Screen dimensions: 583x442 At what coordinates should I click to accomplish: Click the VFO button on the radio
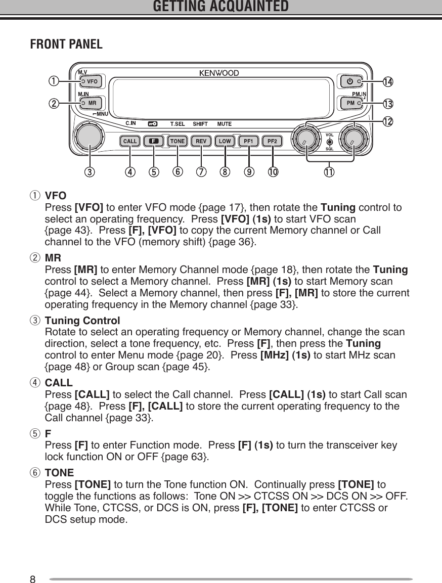coord(90,81)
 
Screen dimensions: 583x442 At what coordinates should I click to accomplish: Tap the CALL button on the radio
coord(129,141)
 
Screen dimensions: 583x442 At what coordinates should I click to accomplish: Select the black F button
coord(153,141)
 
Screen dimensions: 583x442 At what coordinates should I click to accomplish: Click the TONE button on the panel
coord(177,141)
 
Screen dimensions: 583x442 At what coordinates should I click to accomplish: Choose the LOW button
coord(225,141)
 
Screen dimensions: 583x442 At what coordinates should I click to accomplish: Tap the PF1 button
coord(249,141)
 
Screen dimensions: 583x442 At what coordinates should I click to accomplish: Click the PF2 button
coord(273,141)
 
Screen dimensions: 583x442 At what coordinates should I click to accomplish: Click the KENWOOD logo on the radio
coord(218,73)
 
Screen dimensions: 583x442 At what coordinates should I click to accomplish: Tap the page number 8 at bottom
coord(33,579)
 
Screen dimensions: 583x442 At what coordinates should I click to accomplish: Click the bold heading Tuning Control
coord(82,321)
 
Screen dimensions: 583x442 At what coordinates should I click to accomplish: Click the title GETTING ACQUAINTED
coord(220,7)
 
